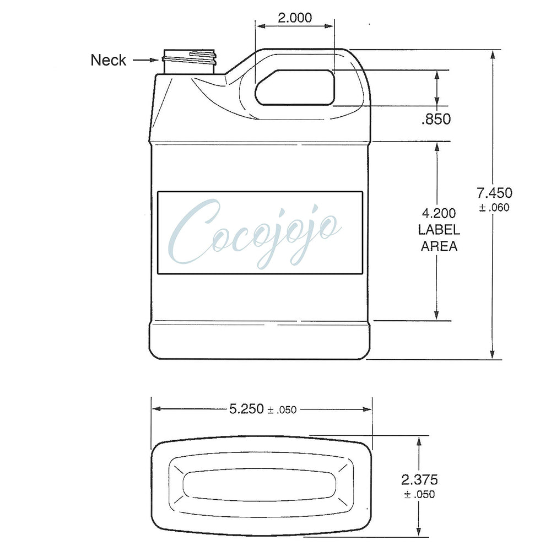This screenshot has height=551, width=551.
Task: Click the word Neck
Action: [108, 60]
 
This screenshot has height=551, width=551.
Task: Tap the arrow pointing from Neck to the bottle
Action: [146, 60]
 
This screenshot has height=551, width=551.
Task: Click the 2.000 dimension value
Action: [295, 18]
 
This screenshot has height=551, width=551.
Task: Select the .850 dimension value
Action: [436, 119]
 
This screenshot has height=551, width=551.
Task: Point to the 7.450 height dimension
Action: [494, 193]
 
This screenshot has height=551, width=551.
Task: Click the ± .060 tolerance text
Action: [494, 208]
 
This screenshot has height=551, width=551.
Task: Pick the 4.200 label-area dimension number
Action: [439, 213]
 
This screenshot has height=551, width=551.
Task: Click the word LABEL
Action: [439, 230]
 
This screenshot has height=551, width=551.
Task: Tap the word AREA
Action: [439, 246]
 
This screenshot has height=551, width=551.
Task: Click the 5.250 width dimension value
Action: [246, 409]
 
